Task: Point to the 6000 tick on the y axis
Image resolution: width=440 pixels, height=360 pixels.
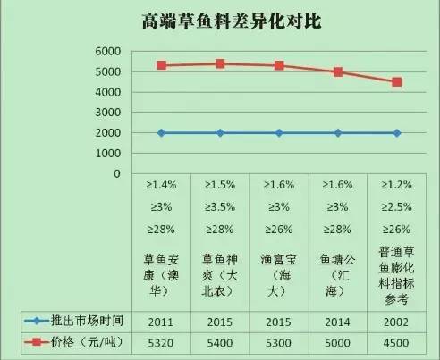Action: click(108, 52)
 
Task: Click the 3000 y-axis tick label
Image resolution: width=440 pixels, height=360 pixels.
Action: click(108, 113)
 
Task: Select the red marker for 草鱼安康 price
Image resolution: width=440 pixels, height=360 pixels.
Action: click(161, 65)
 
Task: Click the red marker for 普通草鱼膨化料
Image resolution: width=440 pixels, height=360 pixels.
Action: click(397, 82)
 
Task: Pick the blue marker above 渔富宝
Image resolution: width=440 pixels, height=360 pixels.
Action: click(279, 133)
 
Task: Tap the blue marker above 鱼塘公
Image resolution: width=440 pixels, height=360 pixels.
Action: click(338, 133)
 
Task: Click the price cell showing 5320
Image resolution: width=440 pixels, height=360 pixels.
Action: click(161, 341)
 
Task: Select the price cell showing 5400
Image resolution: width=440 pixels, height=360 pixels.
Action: click(220, 341)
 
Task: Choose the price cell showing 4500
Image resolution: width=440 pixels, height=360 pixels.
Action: click(397, 341)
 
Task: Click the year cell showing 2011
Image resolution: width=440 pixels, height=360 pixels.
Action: click(161, 319)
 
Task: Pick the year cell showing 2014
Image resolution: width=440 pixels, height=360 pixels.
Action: click(338, 319)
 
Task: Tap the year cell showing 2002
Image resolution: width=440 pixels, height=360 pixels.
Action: click(397, 319)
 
